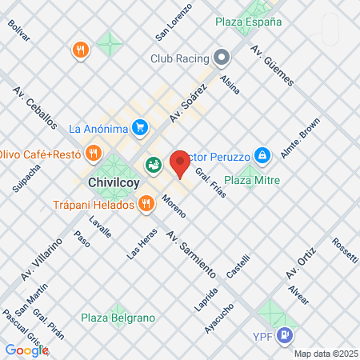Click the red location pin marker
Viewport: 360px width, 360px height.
tap(180, 163)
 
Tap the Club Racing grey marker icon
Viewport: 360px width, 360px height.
tap(222, 58)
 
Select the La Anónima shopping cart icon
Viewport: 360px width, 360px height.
tap(140, 127)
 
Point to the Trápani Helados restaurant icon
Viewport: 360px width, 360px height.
tap(145, 204)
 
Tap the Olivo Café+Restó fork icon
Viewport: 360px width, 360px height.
tap(94, 152)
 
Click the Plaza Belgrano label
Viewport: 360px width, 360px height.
tap(118, 318)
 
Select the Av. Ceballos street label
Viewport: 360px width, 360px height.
tap(34, 109)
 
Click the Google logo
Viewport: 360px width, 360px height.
tap(26, 350)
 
